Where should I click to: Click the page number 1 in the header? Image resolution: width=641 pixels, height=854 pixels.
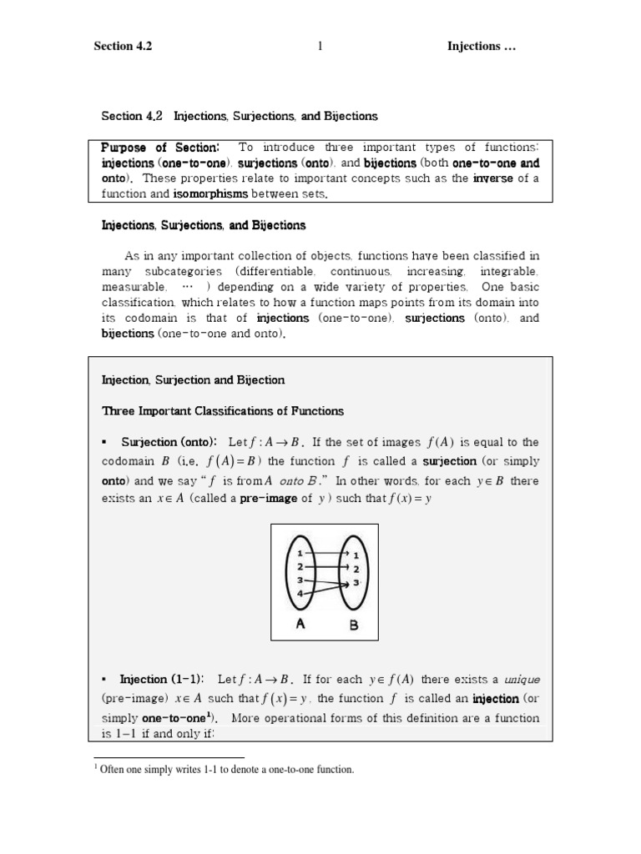(320, 47)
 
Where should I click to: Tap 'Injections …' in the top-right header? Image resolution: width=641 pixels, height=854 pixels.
(482, 47)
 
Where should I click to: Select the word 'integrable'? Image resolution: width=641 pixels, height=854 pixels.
(509, 272)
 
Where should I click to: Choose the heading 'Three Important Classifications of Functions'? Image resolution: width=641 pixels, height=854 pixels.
(222, 411)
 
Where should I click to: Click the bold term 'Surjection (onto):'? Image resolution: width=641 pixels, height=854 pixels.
(169, 442)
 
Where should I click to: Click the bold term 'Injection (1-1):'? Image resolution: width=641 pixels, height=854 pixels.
(162, 679)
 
